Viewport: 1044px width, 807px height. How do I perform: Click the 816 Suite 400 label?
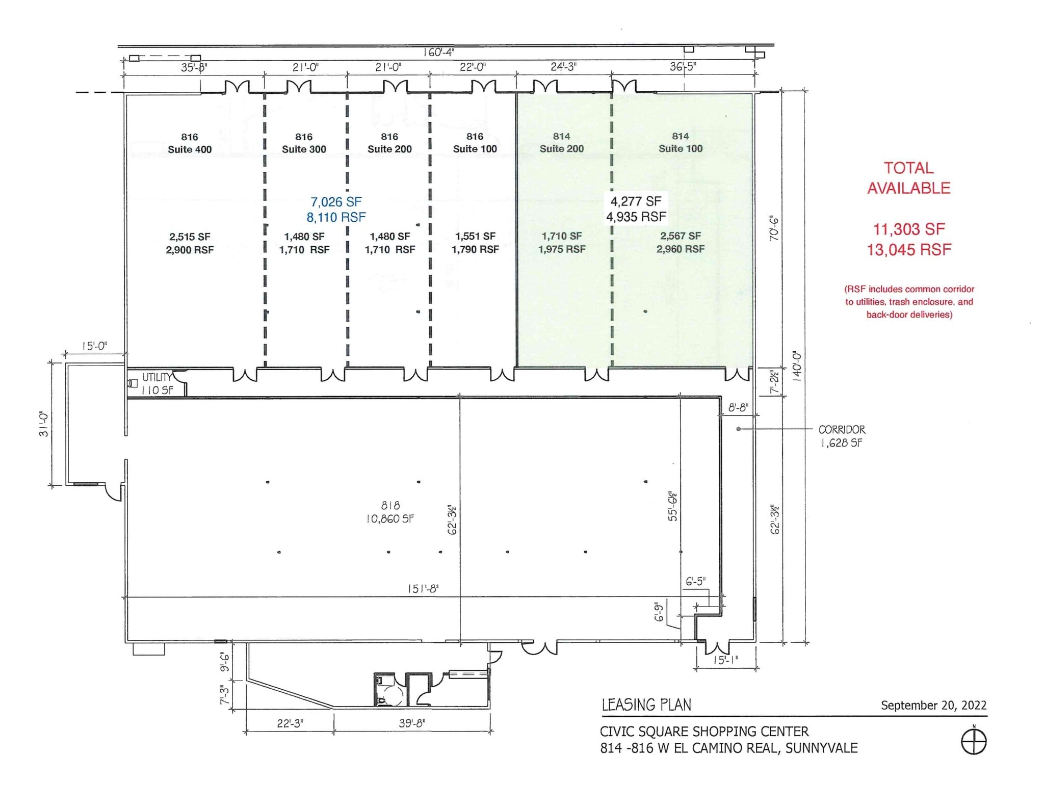[190, 143]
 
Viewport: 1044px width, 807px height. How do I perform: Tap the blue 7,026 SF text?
[336, 202]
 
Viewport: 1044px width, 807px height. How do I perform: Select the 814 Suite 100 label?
[680, 142]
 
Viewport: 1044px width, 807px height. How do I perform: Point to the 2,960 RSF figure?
[680, 249]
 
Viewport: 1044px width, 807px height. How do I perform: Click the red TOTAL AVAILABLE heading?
[908, 178]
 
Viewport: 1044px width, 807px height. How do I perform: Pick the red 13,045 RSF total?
[909, 250]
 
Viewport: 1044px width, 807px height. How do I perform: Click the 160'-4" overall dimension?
[438, 52]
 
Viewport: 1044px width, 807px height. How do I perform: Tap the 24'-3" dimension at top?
[563, 67]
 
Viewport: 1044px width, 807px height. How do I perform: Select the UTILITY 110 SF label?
[157, 384]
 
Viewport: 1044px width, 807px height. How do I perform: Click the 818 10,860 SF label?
[390, 512]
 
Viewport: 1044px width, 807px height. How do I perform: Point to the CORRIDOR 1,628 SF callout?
[842, 436]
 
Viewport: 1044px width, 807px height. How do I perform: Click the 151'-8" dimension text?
[423, 589]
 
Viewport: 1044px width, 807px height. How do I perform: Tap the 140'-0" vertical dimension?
[797, 366]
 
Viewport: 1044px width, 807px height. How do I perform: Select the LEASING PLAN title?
[646, 705]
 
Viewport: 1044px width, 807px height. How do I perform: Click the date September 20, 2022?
[933, 705]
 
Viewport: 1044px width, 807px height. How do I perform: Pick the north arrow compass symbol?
[974, 742]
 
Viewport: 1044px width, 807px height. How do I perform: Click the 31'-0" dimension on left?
[44, 424]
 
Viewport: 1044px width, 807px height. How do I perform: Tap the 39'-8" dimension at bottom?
[412, 723]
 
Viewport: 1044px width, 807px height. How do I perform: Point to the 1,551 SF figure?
[475, 237]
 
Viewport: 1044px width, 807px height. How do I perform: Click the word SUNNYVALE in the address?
[822, 748]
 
